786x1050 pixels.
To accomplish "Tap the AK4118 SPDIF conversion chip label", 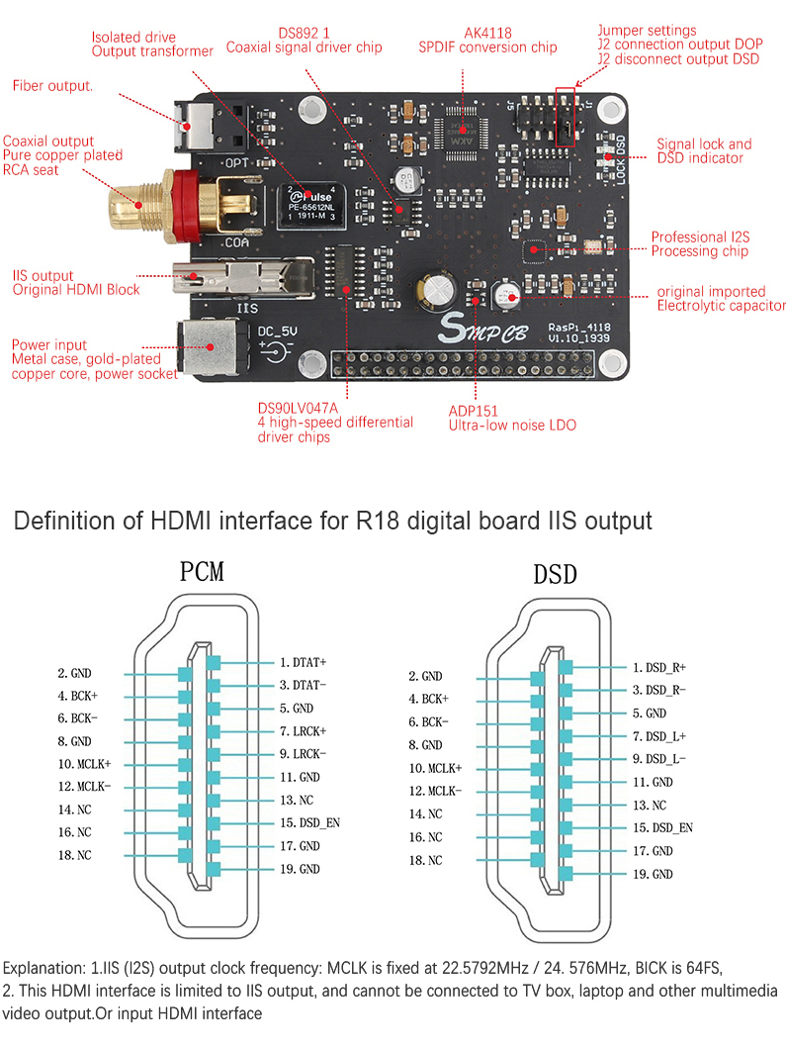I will pyautogui.click(x=487, y=40).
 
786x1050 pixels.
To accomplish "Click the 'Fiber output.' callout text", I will pyautogui.click(x=52, y=86).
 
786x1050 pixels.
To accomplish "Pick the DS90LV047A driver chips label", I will pyautogui.click(x=334, y=422).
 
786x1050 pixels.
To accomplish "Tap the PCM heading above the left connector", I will pyautogui.click(x=202, y=573).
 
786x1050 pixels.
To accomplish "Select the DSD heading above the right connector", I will pyautogui.click(x=554, y=575).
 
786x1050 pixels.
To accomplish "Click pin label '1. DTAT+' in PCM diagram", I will pyautogui.click(x=303, y=661).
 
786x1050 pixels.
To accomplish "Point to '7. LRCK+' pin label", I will pyautogui.click(x=303, y=730).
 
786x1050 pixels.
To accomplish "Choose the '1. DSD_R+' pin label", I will pyautogui.click(x=659, y=668).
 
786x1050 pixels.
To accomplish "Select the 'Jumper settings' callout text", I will pyautogui.click(x=647, y=31).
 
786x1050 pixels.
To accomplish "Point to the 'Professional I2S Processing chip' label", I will pyautogui.click(x=698, y=244).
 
